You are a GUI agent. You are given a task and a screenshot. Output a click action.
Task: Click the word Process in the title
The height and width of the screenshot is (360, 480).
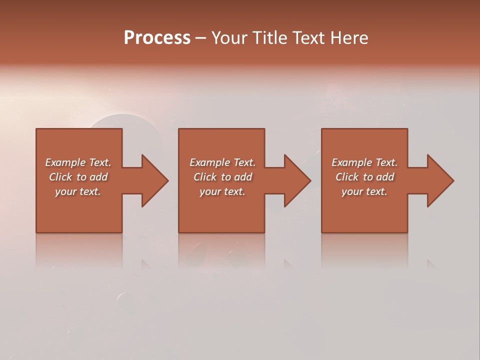pos(157,38)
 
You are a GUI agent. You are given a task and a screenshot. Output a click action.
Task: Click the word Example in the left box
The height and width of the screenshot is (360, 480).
pos(65,162)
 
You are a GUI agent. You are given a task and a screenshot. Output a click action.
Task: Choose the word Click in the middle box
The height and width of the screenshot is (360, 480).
pos(205,177)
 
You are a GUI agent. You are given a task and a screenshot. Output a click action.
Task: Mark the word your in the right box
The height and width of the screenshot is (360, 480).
pos(352,191)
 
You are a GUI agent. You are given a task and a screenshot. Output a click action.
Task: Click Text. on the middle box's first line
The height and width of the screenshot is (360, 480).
pos(242,162)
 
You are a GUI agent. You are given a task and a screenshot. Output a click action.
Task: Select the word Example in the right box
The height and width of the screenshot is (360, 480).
pos(351,162)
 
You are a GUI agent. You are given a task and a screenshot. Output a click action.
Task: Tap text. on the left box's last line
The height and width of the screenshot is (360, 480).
pos(90,191)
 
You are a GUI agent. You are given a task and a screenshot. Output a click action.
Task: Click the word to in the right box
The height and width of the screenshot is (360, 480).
pos(368,177)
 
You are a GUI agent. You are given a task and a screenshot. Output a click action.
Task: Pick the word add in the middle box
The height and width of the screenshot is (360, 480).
pos(243,177)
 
